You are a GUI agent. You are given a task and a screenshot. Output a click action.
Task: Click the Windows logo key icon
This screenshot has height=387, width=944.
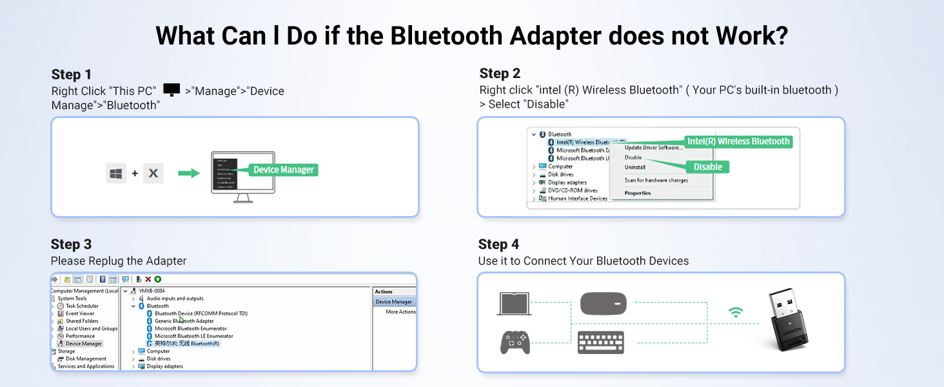click(116, 174)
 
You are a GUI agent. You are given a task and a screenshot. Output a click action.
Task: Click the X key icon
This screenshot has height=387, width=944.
click(153, 174)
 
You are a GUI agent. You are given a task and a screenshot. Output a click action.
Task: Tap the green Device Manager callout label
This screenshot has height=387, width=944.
click(284, 170)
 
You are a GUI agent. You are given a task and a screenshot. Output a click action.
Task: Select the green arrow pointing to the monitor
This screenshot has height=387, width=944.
click(188, 174)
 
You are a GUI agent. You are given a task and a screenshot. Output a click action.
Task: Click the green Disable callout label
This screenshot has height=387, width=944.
click(707, 167)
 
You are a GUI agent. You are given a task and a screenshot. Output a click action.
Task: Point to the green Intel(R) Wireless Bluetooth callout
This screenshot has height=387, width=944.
click(738, 141)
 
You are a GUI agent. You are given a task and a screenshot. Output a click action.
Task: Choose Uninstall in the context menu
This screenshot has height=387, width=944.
click(635, 167)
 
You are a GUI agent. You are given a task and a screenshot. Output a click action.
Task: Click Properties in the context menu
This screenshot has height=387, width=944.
click(638, 193)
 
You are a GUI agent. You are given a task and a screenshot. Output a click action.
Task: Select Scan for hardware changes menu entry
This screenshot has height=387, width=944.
click(656, 181)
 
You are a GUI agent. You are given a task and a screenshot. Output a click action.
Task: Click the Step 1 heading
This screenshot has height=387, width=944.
click(72, 74)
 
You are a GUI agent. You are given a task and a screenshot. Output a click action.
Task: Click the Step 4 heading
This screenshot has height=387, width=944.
click(498, 244)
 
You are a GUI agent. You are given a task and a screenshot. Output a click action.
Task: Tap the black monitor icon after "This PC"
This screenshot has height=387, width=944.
click(172, 90)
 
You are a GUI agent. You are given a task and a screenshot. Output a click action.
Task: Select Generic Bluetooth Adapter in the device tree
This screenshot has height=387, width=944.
click(184, 321)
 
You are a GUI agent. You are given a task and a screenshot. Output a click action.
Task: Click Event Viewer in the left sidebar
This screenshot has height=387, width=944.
click(80, 313)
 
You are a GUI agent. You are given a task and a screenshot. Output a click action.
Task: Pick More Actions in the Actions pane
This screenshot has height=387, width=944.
click(400, 312)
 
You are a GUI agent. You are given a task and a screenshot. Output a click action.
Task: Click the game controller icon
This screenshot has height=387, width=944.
click(515, 342)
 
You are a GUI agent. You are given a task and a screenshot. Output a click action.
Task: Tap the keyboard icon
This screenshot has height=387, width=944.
click(601, 342)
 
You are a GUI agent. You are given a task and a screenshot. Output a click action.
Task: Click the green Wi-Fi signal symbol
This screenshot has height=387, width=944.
click(736, 313)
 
